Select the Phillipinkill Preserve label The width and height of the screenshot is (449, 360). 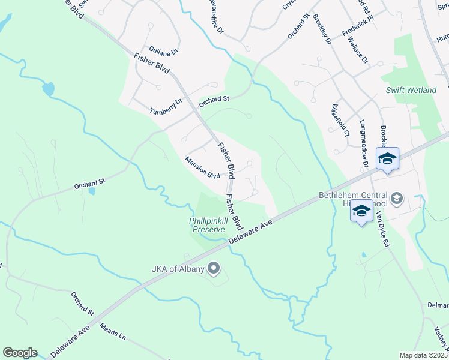tap(207, 224)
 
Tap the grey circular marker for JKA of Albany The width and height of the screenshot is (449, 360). tap(212, 268)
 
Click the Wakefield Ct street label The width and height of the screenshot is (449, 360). tap(339, 122)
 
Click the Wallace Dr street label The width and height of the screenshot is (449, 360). tap(358, 50)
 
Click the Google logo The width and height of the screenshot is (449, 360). tap(20, 353)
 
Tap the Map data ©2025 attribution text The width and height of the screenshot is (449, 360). tap(423, 355)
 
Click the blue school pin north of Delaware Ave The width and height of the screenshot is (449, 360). tap(387, 159)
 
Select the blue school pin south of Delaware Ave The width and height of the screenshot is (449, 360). tap(361, 212)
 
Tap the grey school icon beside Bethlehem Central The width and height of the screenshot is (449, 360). tap(396, 198)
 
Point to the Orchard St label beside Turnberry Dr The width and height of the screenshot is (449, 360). tap(214, 100)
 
